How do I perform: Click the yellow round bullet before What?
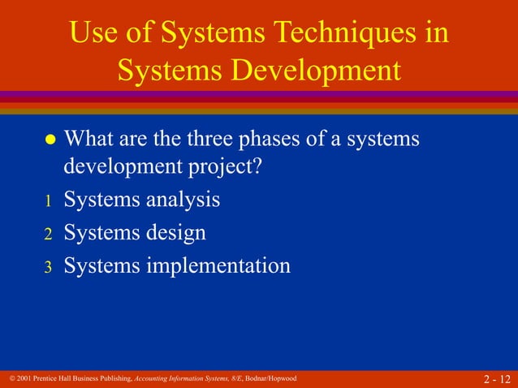(x=50, y=140)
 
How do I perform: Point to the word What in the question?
(x=91, y=139)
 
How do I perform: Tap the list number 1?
(x=47, y=200)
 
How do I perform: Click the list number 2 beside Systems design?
(x=47, y=234)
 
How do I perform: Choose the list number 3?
(x=47, y=267)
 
